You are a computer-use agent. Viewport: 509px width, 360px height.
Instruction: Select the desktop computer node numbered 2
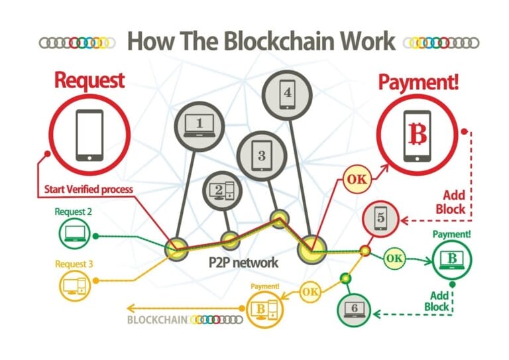point(221,190)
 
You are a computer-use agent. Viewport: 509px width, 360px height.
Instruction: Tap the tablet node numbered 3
point(261,155)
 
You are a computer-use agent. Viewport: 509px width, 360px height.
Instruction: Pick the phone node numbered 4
point(286,94)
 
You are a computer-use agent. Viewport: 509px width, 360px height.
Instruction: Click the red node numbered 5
point(380,217)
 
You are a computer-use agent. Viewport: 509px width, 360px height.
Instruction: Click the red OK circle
point(356,178)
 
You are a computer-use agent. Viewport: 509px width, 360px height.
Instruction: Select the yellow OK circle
point(311,290)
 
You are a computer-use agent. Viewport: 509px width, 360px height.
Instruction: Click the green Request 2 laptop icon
point(74,233)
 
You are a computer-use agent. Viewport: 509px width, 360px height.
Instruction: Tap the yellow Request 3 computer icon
point(73,284)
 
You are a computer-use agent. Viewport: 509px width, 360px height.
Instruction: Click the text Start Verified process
point(89,189)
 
